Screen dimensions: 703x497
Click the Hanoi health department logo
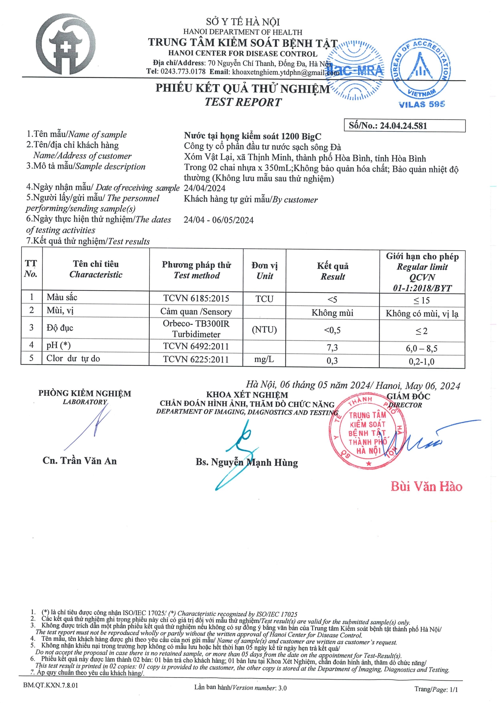click(x=67, y=44)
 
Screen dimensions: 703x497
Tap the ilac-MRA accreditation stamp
click(x=355, y=70)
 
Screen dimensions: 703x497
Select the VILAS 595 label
click(x=422, y=104)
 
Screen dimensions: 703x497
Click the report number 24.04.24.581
click(x=403, y=126)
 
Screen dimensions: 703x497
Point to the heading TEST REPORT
click(x=243, y=102)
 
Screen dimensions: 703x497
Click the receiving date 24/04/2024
click(x=205, y=188)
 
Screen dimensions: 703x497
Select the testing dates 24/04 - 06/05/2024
click(x=218, y=220)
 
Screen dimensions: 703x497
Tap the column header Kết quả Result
click(x=333, y=271)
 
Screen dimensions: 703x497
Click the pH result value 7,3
click(x=332, y=347)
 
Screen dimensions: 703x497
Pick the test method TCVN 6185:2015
click(x=196, y=298)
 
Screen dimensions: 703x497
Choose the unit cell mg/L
click(x=264, y=359)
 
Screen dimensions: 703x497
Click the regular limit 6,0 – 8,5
click(x=422, y=348)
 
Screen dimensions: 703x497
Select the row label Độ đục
click(x=60, y=328)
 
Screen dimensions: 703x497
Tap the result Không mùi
click(x=332, y=313)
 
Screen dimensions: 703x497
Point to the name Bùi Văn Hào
click(x=426, y=486)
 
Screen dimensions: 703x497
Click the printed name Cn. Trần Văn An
click(x=80, y=461)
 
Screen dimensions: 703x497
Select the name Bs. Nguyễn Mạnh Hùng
click(x=247, y=462)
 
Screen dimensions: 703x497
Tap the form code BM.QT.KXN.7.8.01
click(x=51, y=685)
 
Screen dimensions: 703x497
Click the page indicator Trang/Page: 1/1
click(x=436, y=689)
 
